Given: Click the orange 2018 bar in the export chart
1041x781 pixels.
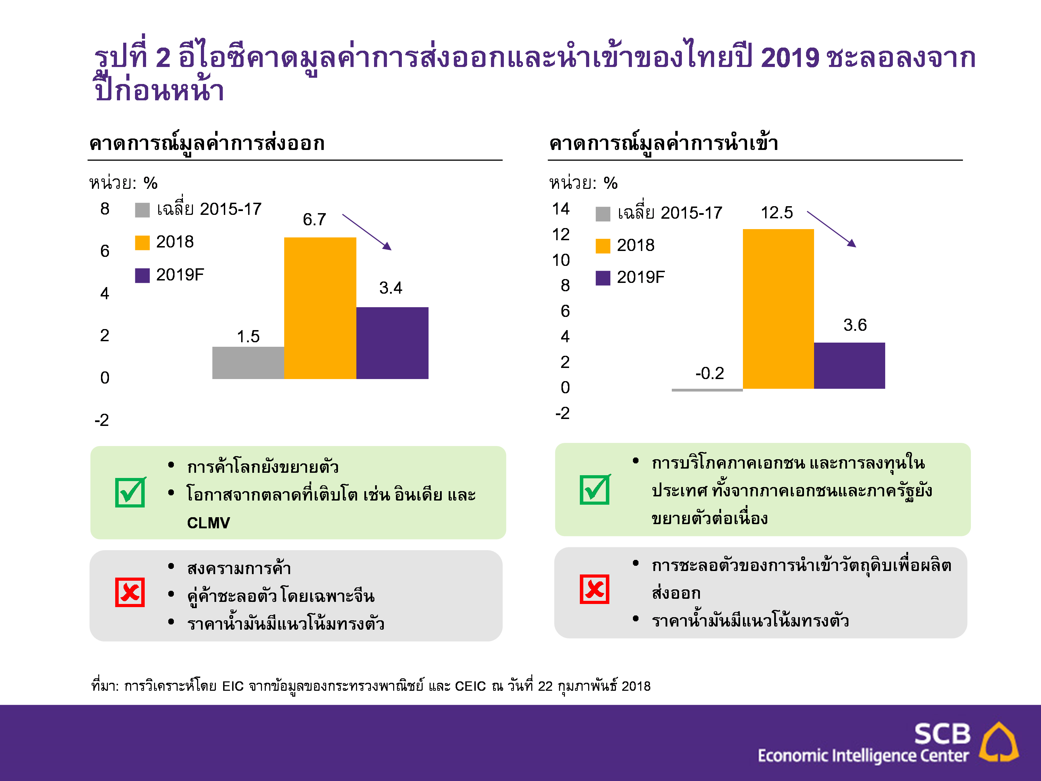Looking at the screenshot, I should tap(320, 308).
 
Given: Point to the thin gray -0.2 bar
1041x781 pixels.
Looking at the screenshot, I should tap(707, 390).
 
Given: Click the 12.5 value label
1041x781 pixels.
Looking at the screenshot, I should tap(777, 213).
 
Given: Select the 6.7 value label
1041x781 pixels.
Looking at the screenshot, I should tap(314, 219).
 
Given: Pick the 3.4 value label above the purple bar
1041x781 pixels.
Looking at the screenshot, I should tap(391, 288).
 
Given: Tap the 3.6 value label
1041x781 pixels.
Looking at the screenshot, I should tap(855, 325).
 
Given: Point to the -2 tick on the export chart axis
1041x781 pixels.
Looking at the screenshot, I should tap(102, 420).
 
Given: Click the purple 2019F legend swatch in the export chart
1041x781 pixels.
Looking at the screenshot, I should tap(142, 275).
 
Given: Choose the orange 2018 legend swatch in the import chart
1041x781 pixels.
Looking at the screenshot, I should tap(603, 246).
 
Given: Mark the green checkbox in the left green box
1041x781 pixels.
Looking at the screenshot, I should tap(130, 493).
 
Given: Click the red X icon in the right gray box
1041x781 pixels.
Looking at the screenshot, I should tap(594, 589).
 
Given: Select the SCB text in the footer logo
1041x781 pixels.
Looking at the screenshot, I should tap(942, 734).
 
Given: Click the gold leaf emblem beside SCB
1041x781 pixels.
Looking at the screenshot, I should tap(999, 742).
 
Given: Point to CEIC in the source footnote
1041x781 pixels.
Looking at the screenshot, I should tap(470, 686).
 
